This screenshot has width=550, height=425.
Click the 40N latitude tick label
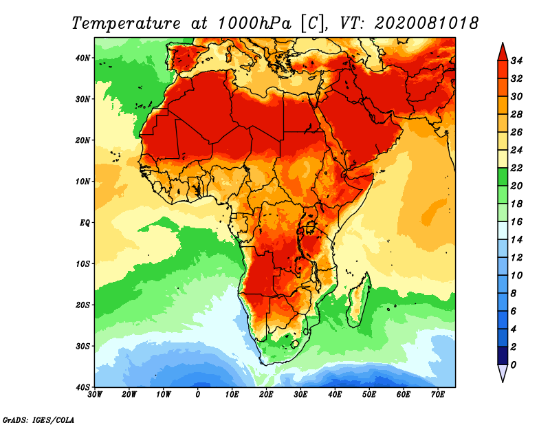pos(82,58)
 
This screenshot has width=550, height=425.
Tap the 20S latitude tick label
pos(82,305)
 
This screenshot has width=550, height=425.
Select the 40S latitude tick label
pos(82,386)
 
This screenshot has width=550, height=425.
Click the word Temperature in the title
pos(129,23)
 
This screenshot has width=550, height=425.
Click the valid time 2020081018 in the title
pos(426,23)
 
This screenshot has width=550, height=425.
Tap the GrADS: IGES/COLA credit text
pos(38,418)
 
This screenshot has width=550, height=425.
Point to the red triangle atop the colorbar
pos(502,52)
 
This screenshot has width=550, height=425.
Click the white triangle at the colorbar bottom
pos(502,373)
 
